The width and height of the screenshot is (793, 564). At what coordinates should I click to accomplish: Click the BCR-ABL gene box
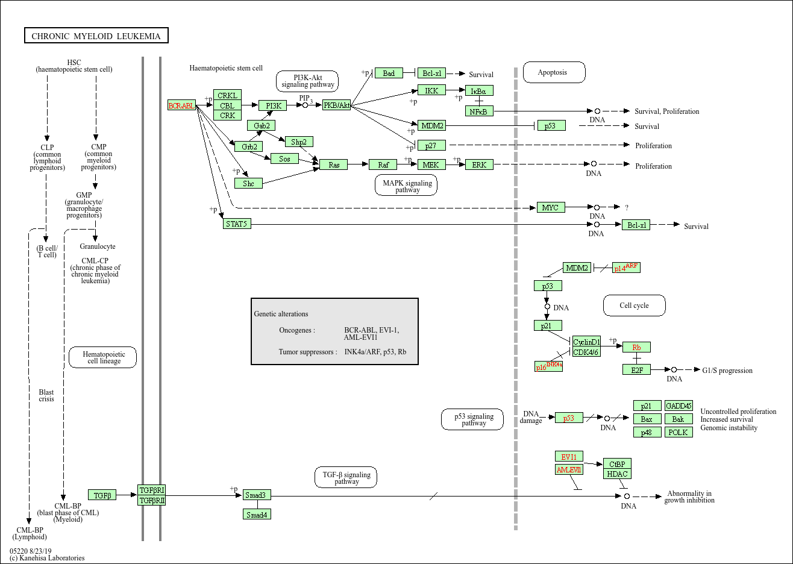pos(181,105)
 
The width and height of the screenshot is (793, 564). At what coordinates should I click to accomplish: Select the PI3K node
pos(273,105)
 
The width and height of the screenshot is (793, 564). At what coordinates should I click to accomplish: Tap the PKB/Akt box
pos(337,105)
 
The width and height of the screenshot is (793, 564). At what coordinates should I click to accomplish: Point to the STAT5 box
pos(237,224)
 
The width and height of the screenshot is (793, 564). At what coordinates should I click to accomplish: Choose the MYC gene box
pos(550,207)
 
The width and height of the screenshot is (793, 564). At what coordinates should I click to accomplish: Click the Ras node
pos(334,164)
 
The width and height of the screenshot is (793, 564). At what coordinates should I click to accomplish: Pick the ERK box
pos(479,164)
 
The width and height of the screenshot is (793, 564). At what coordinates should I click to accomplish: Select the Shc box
pos(248,183)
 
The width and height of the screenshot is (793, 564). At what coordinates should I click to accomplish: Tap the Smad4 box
pos(257,515)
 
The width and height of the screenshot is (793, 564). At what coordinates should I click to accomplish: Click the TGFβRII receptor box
pos(152,501)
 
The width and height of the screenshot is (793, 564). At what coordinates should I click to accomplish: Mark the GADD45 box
pos(679,406)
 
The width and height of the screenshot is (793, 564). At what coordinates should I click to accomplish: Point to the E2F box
pos(637,370)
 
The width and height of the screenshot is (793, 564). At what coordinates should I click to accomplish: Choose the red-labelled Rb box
pos(636,347)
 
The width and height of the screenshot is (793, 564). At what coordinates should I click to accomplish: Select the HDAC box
pos(618,474)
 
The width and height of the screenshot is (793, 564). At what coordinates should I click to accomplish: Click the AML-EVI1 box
pos(569,470)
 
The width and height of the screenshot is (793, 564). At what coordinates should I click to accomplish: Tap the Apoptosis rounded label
pos(553,72)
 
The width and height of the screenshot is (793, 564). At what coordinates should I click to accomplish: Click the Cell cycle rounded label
pos(635,305)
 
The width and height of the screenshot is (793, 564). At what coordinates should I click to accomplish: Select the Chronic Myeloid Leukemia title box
pos(96,36)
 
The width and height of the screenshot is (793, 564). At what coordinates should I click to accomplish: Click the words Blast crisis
pos(46,395)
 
